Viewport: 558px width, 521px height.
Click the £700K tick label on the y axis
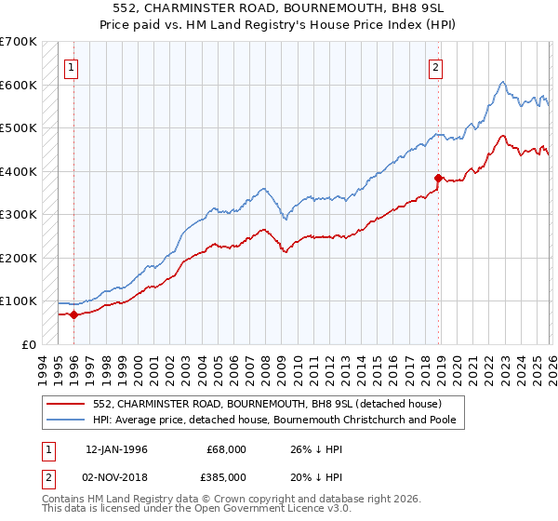pos(19,42)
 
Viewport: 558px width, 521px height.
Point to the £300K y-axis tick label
pos(19,215)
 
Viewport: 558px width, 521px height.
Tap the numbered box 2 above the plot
pos(434,66)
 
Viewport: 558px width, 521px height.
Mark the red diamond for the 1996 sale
pos(73,315)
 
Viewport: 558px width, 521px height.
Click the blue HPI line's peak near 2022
pos(501,83)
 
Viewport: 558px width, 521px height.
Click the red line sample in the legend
pos(67,403)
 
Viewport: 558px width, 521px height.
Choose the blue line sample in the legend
pos(67,419)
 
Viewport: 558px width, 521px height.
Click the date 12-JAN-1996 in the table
pos(116,449)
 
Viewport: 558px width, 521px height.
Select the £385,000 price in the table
pos(227,478)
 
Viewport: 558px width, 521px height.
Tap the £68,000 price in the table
pos(227,449)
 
